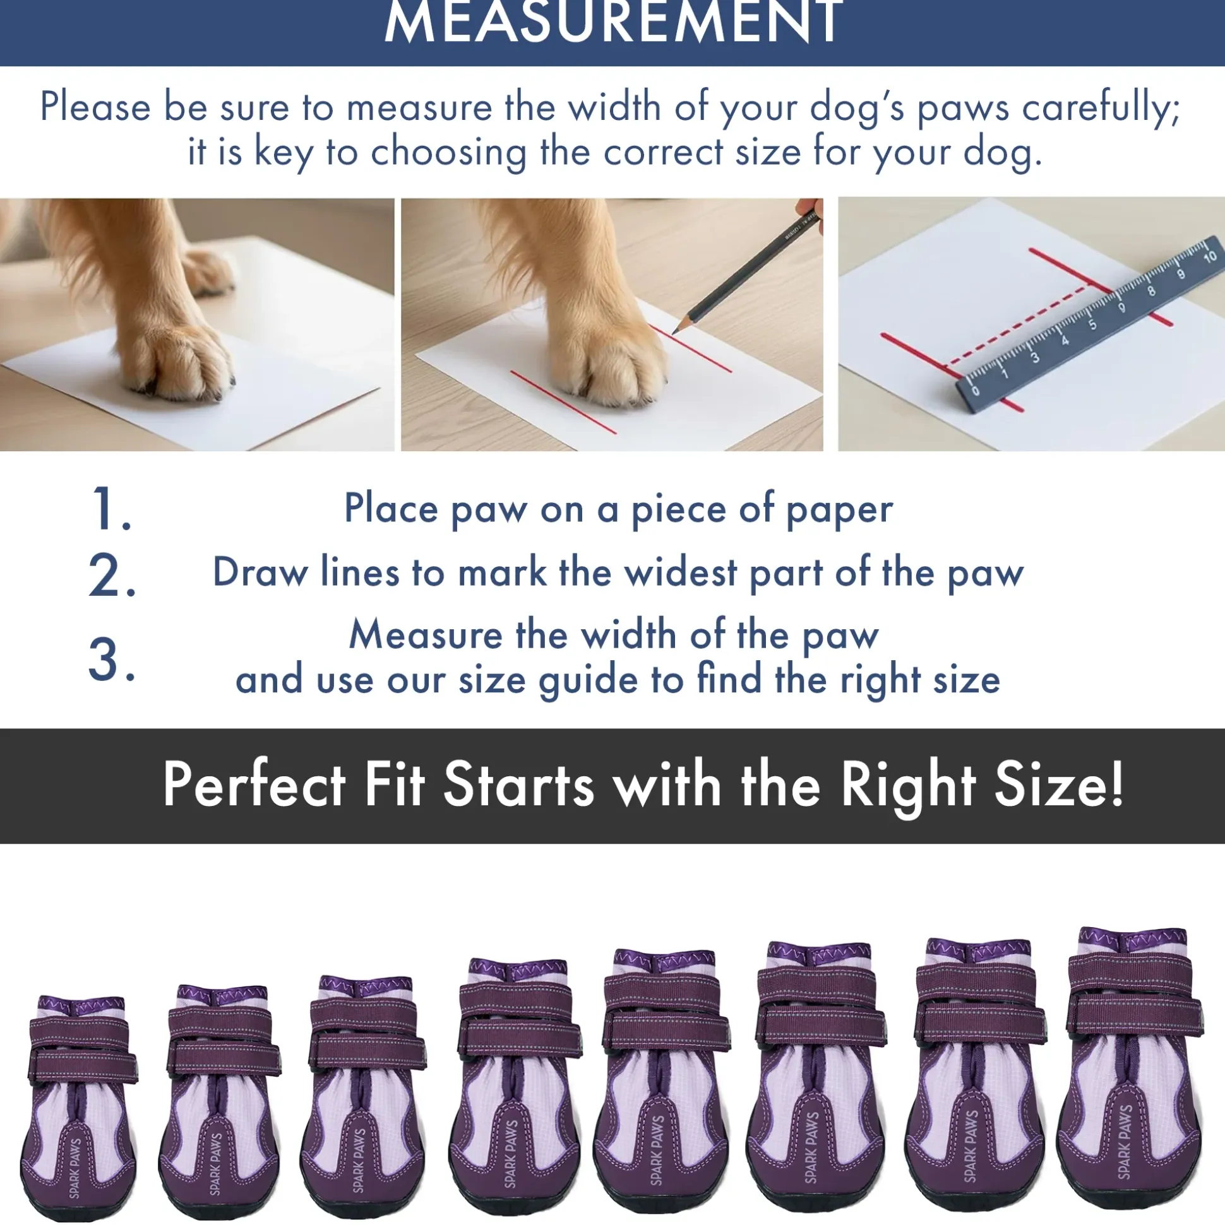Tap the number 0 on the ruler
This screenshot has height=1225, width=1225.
tap(976, 389)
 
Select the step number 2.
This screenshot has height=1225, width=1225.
tap(112, 575)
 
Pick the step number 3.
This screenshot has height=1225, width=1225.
tap(112, 660)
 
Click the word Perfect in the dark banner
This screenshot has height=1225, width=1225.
tap(254, 784)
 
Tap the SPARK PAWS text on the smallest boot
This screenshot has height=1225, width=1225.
tap(76, 1168)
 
